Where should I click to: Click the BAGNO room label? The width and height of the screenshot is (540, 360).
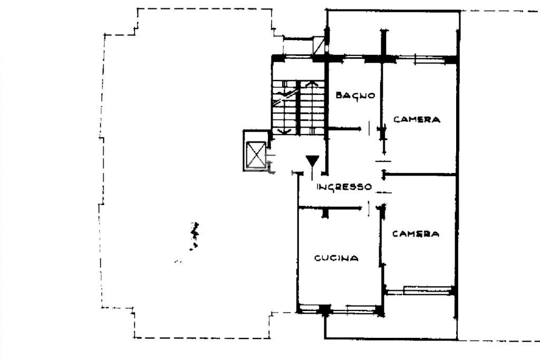(355, 95)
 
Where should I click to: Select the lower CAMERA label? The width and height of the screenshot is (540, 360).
(416, 234)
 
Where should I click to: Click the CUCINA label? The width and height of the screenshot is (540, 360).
(336, 258)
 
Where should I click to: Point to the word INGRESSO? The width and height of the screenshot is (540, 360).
(344, 187)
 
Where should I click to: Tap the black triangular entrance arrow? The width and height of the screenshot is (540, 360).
(312, 161)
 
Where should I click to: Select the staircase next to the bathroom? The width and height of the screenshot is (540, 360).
(298, 108)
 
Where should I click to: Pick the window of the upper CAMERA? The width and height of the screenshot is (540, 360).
(430, 59)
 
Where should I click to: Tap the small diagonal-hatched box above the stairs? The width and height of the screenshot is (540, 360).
(319, 45)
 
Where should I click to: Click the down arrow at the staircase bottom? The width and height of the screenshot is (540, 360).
(284, 131)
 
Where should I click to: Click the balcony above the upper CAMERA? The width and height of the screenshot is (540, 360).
(392, 33)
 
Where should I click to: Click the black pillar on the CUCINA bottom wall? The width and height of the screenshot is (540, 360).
(324, 310)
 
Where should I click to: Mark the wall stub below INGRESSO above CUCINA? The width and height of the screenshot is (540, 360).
(325, 213)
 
